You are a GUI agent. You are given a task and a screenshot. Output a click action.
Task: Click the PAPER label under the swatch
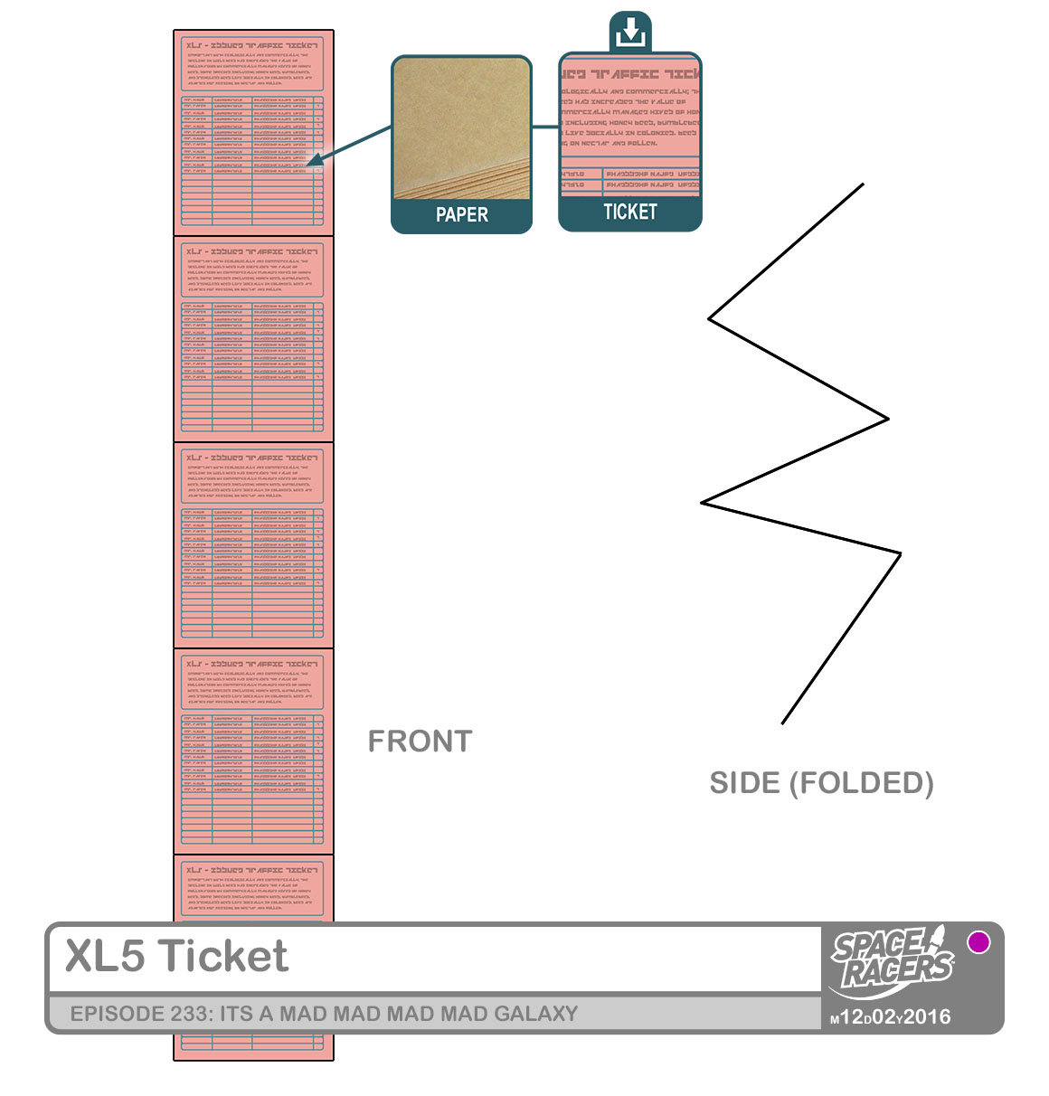pos(461,215)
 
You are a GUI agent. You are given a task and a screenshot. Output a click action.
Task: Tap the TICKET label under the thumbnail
pos(629,213)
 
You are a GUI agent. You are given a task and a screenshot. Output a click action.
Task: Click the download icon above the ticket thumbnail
pos(630,33)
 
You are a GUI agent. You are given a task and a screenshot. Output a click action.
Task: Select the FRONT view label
pos(420,742)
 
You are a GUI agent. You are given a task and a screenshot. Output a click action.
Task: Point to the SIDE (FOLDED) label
pos(821,783)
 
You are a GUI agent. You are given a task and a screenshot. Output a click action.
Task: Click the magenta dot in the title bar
pos(978,942)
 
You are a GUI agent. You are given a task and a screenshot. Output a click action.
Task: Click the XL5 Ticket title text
pos(177,957)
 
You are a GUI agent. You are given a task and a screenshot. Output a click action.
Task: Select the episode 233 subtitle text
pos(324,1014)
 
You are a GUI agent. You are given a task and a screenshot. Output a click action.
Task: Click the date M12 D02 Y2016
pos(891,1017)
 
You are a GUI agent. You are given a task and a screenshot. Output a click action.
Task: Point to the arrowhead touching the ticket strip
pos(310,164)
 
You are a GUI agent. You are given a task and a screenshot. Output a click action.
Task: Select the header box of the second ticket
pos(252,271)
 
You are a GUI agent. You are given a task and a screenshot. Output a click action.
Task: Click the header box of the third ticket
pos(252,477)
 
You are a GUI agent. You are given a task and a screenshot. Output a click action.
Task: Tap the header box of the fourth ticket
pos(252,684)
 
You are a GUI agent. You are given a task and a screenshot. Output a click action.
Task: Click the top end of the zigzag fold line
pos(863,184)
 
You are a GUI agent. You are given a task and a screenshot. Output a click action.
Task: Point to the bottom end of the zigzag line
pos(782,723)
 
